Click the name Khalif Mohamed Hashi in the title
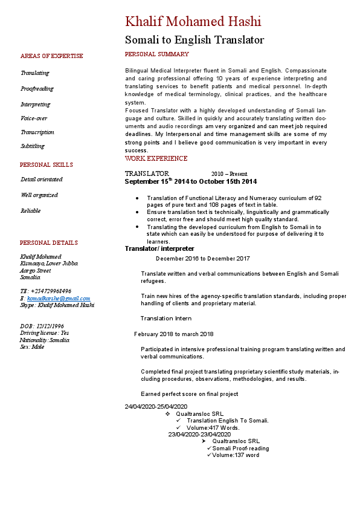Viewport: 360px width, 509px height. pyautogui.click(x=193, y=22)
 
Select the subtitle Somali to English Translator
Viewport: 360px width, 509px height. pyautogui.click(x=194, y=41)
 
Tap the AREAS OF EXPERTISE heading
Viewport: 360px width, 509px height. pyautogui.click(x=51, y=56)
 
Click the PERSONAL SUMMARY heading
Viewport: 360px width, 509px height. pyautogui.click(x=156, y=54)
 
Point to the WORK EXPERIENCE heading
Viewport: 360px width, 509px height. pyautogui.click(x=156, y=159)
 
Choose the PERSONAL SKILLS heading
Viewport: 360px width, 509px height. pyautogui.click(x=46, y=165)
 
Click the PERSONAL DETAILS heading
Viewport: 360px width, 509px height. pyautogui.click(x=48, y=243)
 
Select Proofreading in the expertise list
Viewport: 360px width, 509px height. pyautogui.click(x=37, y=89)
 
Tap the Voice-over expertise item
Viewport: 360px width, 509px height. pyautogui.click(x=34, y=118)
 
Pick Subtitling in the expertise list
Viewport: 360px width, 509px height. pyautogui.click(x=33, y=146)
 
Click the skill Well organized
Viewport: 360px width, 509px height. pyautogui.click(x=39, y=195)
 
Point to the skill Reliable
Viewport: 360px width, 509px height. pyautogui.click(x=31, y=211)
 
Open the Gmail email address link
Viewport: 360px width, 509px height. pyautogui.click(x=59, y=299)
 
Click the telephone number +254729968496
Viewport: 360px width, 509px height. pyautogui.click(x=51, y=291)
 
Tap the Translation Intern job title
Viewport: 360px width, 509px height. pyautogui.click(x=166, y=319)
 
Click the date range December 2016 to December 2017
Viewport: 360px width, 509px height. pyautogui.click(x=202, y=259)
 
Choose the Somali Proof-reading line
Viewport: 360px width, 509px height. pyautogui.click(x=240, y=449)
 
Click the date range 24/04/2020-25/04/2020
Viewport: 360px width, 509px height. pyautogui.click(x=156, y=406)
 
